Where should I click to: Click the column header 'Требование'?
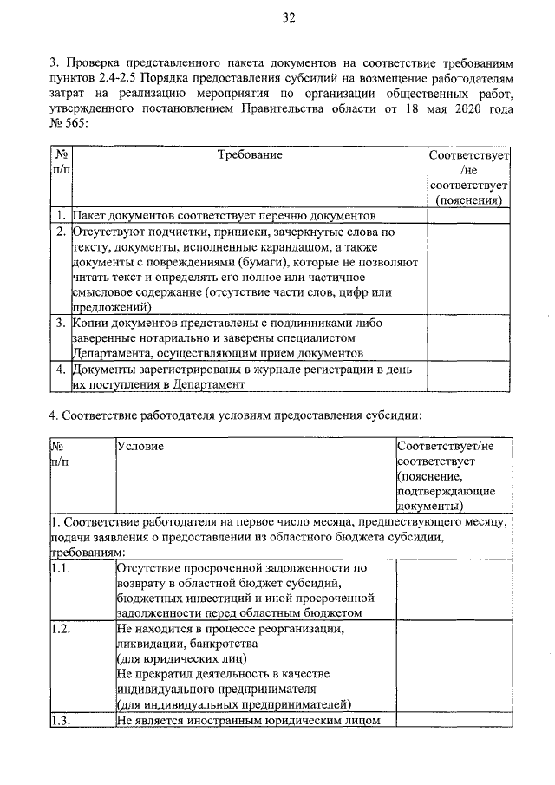[250, 154]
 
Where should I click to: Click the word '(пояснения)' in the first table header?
[467, 200]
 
